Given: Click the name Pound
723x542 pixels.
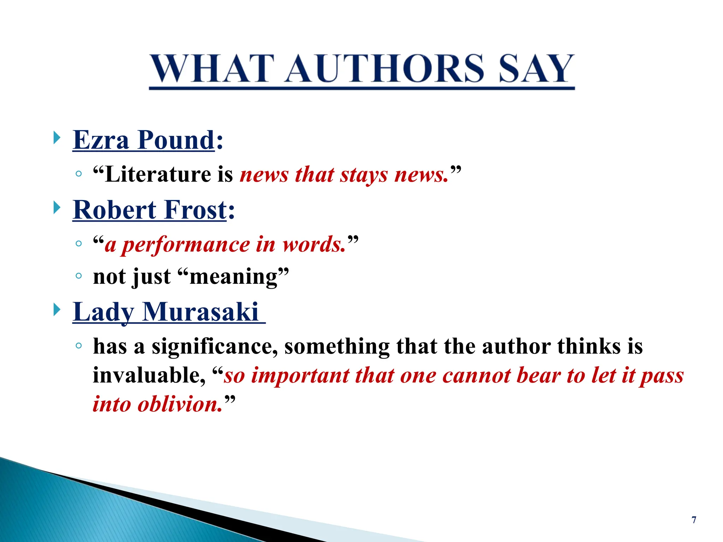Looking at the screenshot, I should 176,140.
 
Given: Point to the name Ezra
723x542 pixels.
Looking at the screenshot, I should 101,140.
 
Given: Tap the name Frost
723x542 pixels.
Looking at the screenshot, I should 195,210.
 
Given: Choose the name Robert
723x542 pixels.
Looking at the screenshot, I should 114,210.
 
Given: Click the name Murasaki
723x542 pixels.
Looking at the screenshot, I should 201,312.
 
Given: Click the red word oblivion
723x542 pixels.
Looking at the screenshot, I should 180,404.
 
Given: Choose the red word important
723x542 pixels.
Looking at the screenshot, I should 300,375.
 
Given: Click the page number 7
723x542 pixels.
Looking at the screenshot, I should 694,520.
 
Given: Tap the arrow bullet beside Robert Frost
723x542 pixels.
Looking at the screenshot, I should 57,207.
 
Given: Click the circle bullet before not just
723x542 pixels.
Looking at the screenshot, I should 79,276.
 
